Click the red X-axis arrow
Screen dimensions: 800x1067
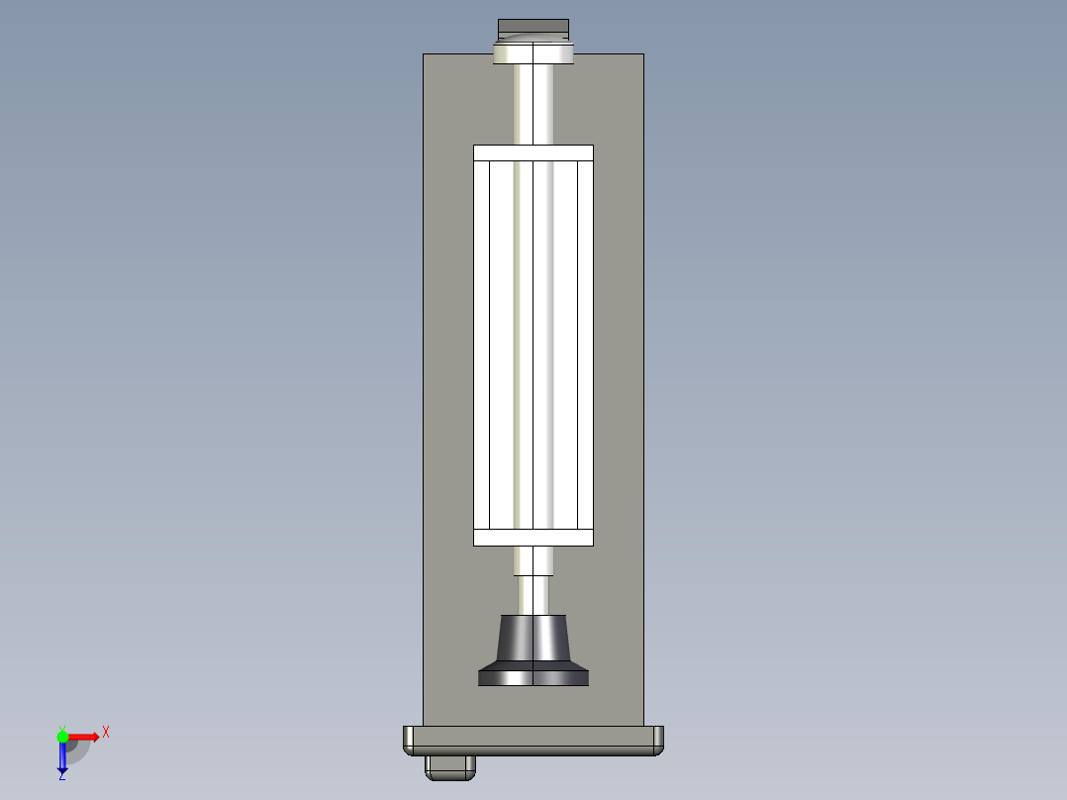pos(83,736)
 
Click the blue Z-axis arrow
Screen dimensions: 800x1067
pos(62,757)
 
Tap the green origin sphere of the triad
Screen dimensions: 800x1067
pos(62,736)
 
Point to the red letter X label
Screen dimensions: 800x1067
pos(105,732)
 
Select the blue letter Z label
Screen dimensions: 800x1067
pos(61,776)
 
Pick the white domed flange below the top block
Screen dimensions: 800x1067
pos(533,52)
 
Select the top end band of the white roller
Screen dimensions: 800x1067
pos(533,152)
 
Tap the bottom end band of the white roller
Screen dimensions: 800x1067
pos(533,538)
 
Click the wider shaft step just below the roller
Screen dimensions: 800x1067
pos(533,560)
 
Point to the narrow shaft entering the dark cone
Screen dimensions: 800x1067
pos(533,595)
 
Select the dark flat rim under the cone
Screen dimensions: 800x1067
pos(533,677)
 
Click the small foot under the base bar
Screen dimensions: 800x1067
pos(450,765)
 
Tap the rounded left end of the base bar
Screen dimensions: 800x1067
pos(408,740)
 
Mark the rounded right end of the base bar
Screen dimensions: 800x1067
pos(658,740)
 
